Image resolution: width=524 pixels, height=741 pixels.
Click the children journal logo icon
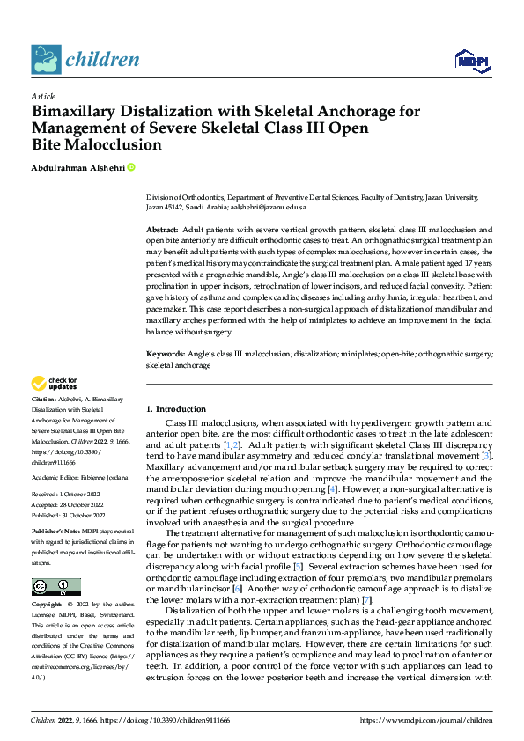click(x=46, y=60)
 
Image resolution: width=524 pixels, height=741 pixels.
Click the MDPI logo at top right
click(x=470, y=60)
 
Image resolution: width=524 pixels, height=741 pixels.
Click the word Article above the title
click(x=43, y=96)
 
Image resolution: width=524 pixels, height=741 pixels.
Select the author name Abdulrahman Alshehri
click(x=77, y=166)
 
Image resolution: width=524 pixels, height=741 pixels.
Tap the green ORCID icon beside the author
click(x=131, y=166)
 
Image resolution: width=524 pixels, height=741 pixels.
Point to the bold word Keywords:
click(x=166, y=354)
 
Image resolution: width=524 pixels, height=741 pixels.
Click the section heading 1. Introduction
click(x=176, y=409)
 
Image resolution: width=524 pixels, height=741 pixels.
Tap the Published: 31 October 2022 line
click(x=70, y=515)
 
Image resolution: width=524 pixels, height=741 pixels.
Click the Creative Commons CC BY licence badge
click(x=55, y=587)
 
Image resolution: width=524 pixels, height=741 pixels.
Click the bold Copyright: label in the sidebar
click(x=48, y=605)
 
